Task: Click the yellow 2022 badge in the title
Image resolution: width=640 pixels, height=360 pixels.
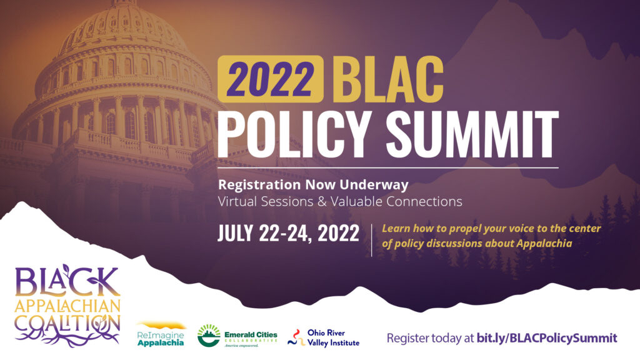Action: [x=271, y=79]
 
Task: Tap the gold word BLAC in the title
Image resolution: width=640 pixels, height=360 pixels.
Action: [x=387, y=79]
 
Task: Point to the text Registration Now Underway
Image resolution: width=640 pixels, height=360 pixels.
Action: [x=313, y=185]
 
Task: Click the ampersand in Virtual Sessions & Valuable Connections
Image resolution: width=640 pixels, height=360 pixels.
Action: [x=322, y=202]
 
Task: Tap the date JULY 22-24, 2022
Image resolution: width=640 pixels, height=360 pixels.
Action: [x=288, y=234]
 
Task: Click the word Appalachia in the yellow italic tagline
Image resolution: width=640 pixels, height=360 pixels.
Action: [x=544, y=244]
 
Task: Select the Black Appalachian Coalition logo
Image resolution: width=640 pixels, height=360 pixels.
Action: [x=67, y=306]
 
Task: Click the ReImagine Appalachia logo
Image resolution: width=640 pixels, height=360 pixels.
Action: [x=161, y=335]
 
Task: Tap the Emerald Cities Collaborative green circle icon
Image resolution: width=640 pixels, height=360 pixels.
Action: [x=209, y=336]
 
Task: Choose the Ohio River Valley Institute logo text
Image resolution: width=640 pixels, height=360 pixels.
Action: [x=333, y=338]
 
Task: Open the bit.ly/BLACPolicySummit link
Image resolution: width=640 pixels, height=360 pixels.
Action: [x=547, y=338]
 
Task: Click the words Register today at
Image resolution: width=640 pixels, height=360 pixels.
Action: [x=430, y=338]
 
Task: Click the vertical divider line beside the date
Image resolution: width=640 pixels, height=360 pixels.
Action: [x=371, y=240]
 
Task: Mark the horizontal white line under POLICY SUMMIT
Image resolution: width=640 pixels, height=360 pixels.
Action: [x=387, y=167]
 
